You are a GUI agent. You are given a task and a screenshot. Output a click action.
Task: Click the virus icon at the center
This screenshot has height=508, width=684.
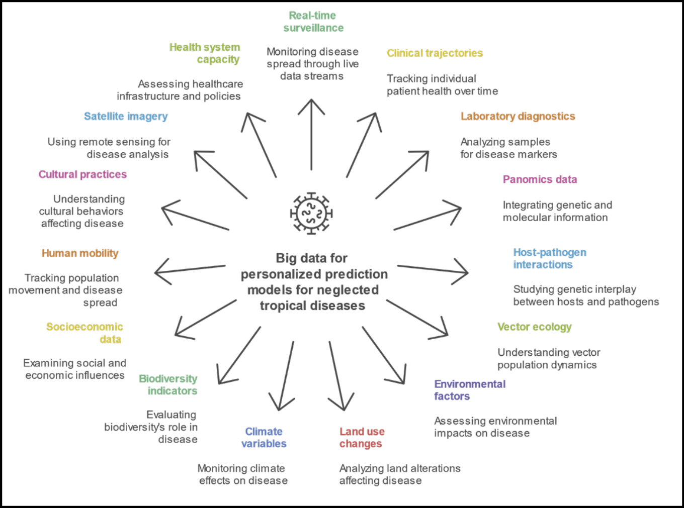[312, 213]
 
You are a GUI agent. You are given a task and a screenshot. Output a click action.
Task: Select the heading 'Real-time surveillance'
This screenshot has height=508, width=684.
[313, 22]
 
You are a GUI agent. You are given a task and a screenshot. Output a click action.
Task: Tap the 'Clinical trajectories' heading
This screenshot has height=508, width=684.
[435, 53]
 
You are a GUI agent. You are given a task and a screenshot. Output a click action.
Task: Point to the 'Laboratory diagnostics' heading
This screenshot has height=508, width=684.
[518, 117]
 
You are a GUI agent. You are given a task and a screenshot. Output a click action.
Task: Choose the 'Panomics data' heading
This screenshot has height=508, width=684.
[540, 179]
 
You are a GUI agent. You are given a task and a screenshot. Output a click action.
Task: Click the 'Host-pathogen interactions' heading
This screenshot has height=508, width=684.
[549, 258]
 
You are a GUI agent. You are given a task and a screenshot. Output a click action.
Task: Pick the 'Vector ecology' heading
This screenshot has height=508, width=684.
[534, 327]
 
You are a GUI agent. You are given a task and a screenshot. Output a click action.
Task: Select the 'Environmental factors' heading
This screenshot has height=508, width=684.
[469, 390]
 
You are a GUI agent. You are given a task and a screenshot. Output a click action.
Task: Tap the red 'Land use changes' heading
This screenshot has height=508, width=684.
[362, 438]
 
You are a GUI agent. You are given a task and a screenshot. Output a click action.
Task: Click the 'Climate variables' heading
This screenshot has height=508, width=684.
[264, 438]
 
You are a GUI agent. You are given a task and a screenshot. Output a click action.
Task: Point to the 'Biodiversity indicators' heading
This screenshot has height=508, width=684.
[168, 385]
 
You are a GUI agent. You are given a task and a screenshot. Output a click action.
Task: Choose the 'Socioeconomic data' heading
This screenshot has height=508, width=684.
[85, 333]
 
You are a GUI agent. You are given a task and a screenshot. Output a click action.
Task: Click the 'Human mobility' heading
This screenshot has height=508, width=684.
[80, 253]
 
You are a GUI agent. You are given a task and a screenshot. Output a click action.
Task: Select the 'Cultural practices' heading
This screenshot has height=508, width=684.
[82, 174]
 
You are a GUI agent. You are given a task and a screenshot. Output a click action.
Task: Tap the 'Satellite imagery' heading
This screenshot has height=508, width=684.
[126, 117]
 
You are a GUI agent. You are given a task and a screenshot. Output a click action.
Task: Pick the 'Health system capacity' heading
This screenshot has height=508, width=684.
[205, 53]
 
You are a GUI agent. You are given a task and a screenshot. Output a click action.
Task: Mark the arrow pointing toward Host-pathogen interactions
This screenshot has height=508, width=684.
[433, 270]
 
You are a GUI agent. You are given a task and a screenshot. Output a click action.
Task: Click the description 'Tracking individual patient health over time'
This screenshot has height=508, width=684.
[442, 85]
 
